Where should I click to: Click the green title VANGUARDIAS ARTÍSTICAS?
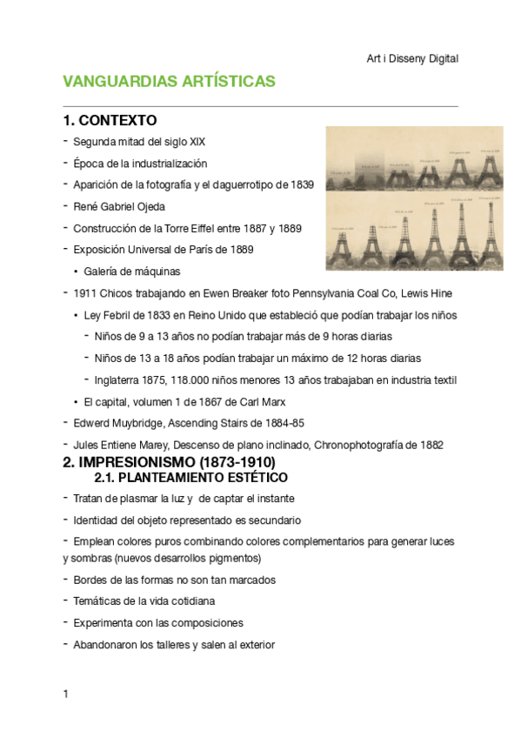(169, 82)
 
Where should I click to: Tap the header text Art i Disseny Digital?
(412, 58)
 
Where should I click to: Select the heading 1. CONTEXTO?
(110, 120)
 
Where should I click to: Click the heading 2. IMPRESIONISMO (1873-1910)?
(169, 462)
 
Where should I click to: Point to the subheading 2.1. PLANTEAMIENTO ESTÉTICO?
(190, 478)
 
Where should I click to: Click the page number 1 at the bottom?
(65, 694)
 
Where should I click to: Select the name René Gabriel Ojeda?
(119, 206)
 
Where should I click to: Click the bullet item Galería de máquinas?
(132, 272)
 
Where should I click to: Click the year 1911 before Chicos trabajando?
(85, 293)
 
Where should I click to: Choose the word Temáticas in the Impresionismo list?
(98, 601)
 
